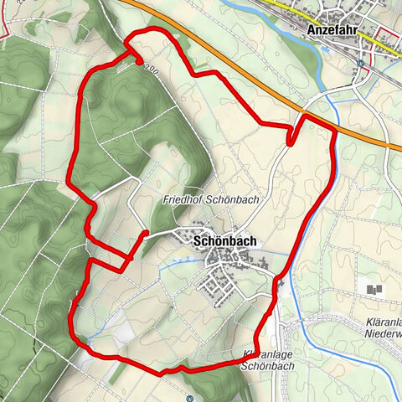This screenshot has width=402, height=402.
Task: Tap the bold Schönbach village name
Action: [224, 240]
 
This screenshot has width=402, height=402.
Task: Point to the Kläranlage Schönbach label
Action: [267, 361]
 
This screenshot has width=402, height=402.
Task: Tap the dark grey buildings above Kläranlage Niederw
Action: [374, 290]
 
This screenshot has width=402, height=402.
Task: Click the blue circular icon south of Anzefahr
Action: [361, 62]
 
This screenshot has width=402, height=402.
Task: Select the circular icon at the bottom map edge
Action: [190, 399]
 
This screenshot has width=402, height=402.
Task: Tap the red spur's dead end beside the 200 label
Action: [138, 59]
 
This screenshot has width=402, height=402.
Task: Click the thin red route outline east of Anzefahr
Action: [387, 38]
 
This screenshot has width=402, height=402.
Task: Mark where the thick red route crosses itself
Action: [90, 262]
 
